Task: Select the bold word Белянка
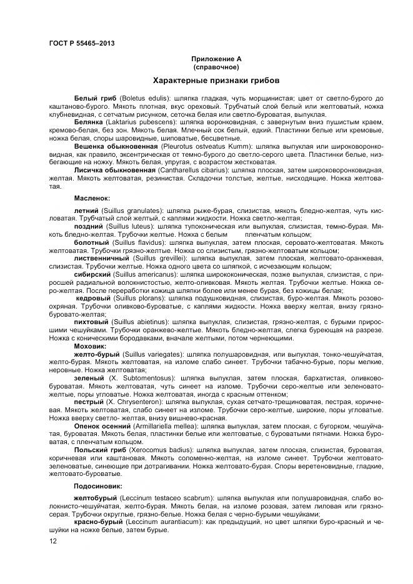[x=88, y=124]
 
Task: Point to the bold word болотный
[x=91, y=242]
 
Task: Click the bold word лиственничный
[x=102, y=257]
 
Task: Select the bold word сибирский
[x=93, y=274]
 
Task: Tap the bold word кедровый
[x=94, y=298]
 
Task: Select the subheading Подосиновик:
[x=98, y=485]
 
